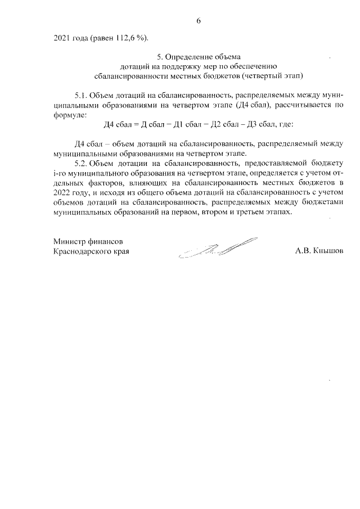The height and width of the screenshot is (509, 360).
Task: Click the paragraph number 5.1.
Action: click(x=82, y=95)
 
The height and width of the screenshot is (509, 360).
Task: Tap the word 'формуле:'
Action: click(x=70, y=114)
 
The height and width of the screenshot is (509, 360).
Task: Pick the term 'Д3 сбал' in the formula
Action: click(x=262, y=124)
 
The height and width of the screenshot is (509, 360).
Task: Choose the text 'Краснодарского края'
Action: click(x=91, y=251)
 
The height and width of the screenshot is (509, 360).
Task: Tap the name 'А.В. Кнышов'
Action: click(x=318, y=251)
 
